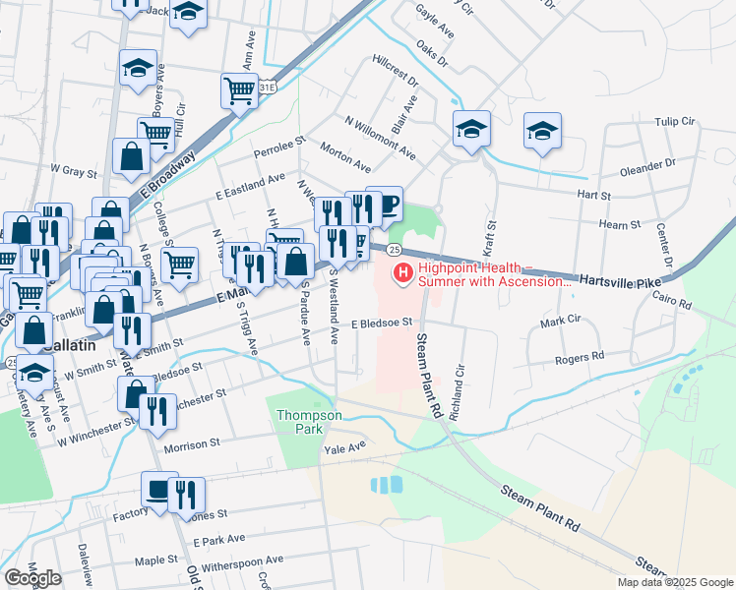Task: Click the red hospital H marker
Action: tap(402, 272)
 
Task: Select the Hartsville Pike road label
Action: tap(619, 280)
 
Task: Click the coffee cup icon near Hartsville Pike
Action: tap(384, 205)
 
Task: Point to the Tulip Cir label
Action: tap(674, 123)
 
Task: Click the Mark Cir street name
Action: tap(559, 322)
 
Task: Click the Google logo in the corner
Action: tap(32, 578)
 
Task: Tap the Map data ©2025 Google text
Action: tap(676, 582)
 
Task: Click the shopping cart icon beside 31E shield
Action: tap(239, 90)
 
